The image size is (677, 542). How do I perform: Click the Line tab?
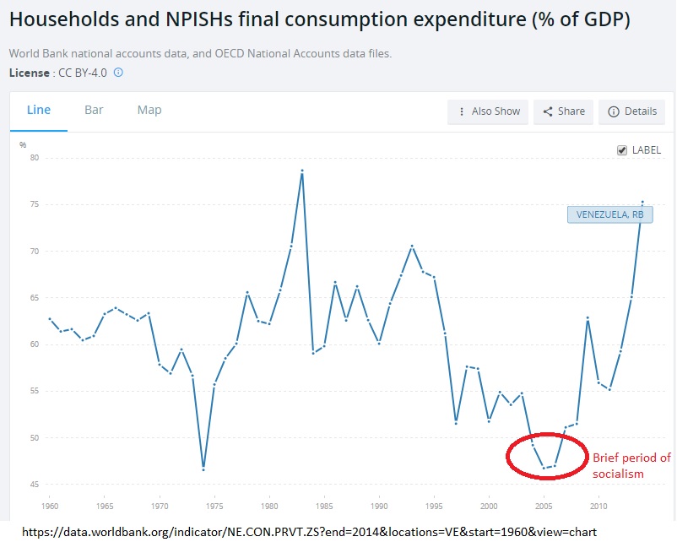click(x=39, y=111)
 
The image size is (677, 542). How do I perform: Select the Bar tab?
click(x=94, y=111)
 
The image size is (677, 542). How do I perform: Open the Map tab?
click(x=149, y=111)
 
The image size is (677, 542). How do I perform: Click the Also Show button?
click(x=489, y=111)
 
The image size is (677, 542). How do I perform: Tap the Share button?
click(x=563, y=111)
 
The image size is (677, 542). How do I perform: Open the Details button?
click(x=631, y=111)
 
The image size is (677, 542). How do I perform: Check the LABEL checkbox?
click(x=622, y=150)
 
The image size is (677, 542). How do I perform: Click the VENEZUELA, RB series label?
click(x=609, y=214)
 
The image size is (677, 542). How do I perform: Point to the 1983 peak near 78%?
click(x=302, y=171)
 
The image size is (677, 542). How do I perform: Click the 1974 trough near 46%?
click(x=203, y=469)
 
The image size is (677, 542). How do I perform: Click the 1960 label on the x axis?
click(x=50, y=507)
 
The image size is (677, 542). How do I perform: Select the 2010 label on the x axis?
click(x=598, y=507)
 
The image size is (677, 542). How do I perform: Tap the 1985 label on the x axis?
click(x=324, y=507)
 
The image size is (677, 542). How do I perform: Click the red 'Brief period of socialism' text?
click(x=631, y=465)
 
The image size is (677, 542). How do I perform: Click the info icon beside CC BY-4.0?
click(x=118, y=73)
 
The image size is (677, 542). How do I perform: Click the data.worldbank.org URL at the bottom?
click(x=309, y=532)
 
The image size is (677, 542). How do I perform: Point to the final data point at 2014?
click(x=642, y=202)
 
